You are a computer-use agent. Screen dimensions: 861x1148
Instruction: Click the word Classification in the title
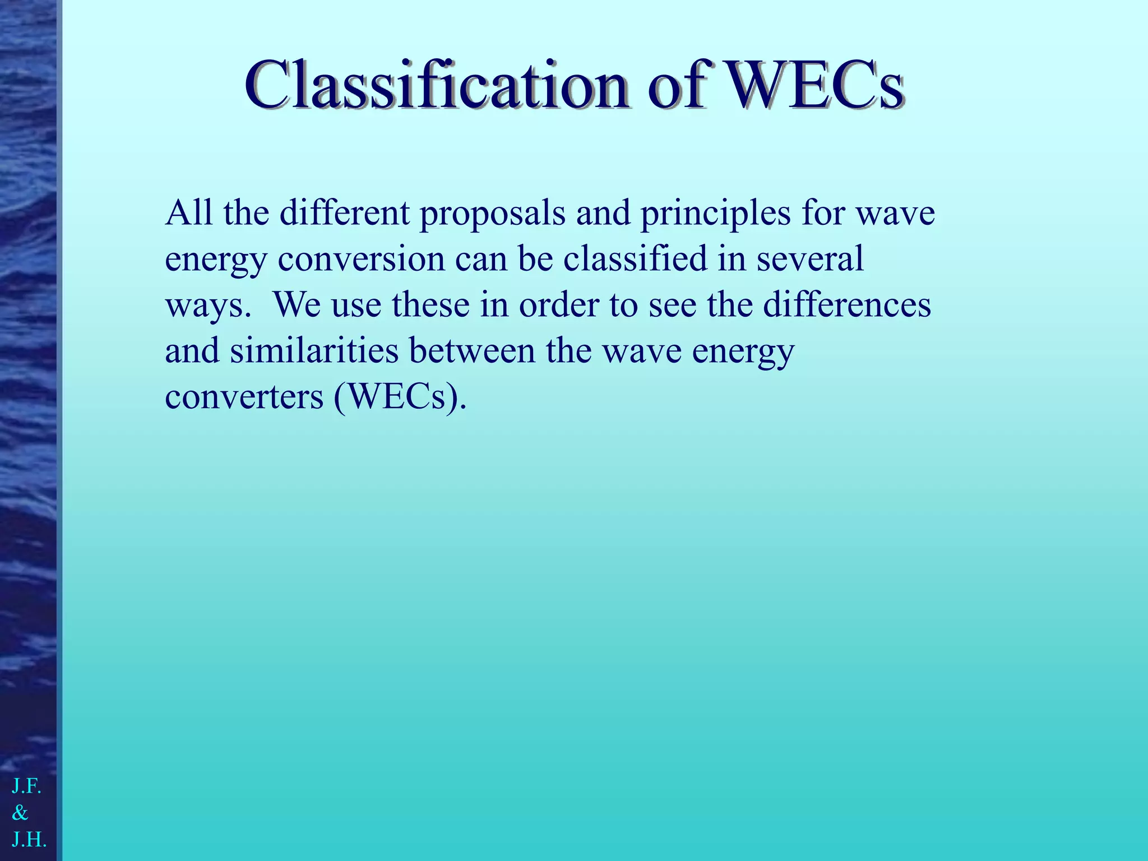(x=437, y=86)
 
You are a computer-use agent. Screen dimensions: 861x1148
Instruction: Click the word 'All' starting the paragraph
(x=189, y=213)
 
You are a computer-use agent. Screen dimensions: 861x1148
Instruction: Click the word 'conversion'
(x=361, y=259)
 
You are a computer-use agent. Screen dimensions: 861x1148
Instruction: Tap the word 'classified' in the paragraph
(x=635, y=259)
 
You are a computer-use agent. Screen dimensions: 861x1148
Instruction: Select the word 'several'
(x=810, y=259)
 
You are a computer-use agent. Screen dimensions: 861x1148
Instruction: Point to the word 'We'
(x=297, y=305)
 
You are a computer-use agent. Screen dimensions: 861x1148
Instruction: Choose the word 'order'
(x=559, y=305)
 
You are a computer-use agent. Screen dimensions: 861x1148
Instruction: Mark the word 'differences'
(x=847, y=305)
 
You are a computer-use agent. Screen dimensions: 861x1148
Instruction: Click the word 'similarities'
(x=314, y=351)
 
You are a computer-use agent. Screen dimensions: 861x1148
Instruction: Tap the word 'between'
(x=472, y=351)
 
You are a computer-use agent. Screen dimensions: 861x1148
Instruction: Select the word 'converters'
(x=244, y=397)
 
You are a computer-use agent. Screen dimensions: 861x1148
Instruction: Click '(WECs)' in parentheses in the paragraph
(x=400, y=397)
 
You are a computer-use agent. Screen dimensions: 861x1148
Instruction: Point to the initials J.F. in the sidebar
(x=26, y=786)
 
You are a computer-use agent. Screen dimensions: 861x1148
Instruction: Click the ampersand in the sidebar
(x=20, y=812)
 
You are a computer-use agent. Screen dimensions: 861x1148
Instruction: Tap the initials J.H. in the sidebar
(x=29, y=839)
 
